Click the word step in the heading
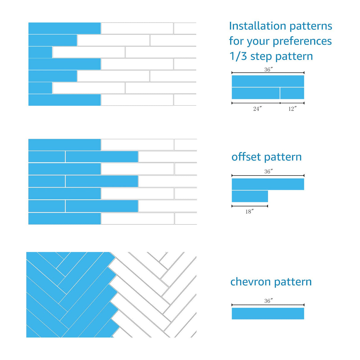coord(261,57)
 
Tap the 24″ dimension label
coord(257,109)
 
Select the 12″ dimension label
coord(292,109)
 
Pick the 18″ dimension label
coord(249,211)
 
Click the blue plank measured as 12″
coord(292,93)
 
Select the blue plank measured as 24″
coord(256,93)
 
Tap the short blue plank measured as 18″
coord(250,196)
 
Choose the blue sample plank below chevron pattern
coord(268,313)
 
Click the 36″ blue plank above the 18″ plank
coord(268,184)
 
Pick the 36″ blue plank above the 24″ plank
coord(268,81)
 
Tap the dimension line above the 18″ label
coord(250,206)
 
